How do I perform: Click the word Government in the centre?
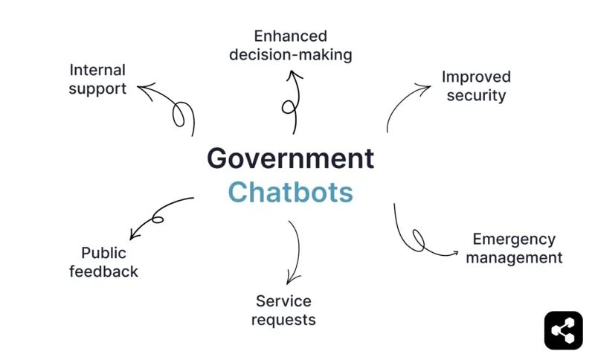(290, 158)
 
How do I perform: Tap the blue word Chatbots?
(290, 192)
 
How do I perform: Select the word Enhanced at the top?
(290, 36)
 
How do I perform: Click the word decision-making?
(290, 54)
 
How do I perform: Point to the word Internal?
(97, 70)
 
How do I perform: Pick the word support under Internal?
(97, 89)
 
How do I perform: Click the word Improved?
(476, 77)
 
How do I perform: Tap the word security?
(476, 95)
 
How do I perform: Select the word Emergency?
(514, 240)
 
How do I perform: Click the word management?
(514, 258)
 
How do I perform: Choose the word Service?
(283, 301)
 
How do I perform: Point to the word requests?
(283, 320)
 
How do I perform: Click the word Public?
(103, 253)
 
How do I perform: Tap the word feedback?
(103, 271)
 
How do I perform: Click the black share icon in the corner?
(563, 330)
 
